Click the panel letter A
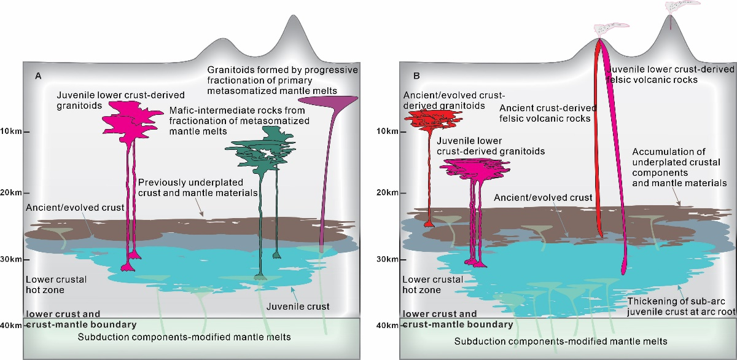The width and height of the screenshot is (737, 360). (x=38, y=76)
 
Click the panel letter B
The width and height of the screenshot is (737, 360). (x=417, y=76)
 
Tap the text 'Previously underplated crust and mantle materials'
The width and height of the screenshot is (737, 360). (x=190, y=188)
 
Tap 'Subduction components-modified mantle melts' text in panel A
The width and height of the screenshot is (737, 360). (x=185, y=337)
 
